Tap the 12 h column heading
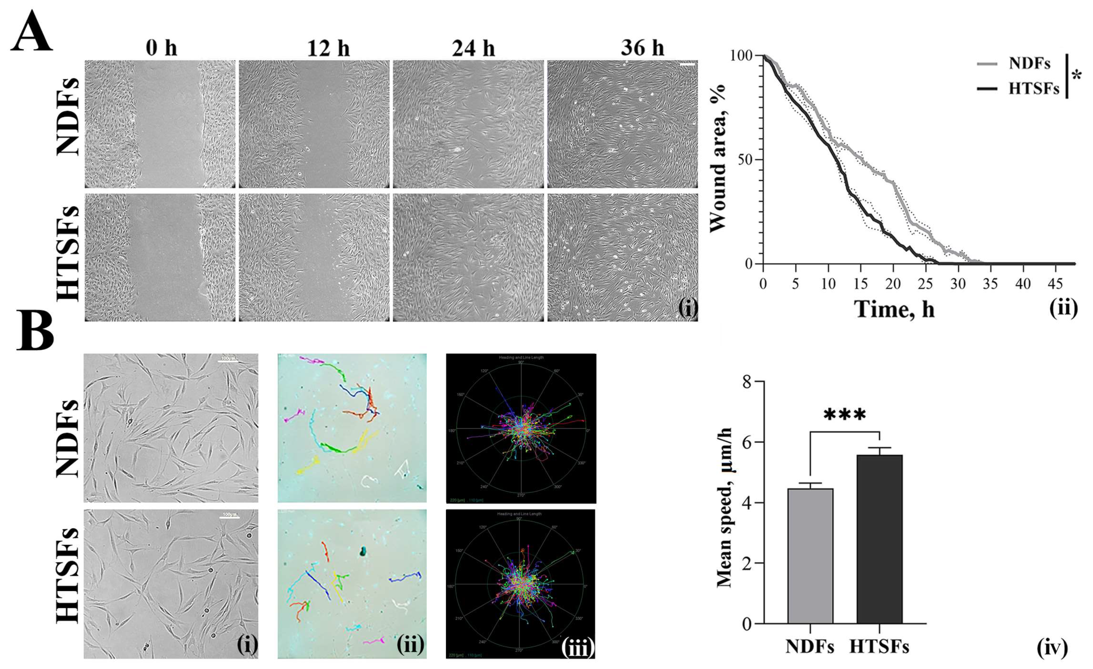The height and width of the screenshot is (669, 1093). [328, 47]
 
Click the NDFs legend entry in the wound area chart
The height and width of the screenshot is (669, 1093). [1029, 64]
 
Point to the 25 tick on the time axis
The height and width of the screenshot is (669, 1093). [926, 284]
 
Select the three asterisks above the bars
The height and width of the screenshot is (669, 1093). [845, 415]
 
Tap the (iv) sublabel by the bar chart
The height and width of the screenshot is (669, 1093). [1052, 649]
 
